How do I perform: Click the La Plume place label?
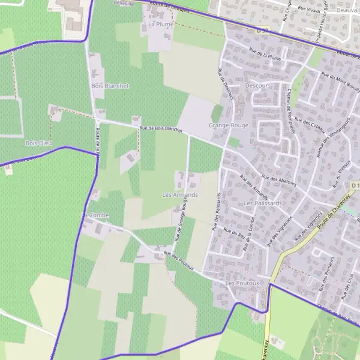(x=160, y=25)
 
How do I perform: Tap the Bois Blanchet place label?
(x=110, y=86)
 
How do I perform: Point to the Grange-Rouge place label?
(x=228, y=125)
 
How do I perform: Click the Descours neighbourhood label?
(x=259, y=86)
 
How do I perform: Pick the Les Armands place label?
(x=180, y=195)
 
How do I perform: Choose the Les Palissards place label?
(x=263, y=203)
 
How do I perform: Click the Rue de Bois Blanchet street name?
(x=160, y=128)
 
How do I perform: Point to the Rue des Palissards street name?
(x=217, y=211)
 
